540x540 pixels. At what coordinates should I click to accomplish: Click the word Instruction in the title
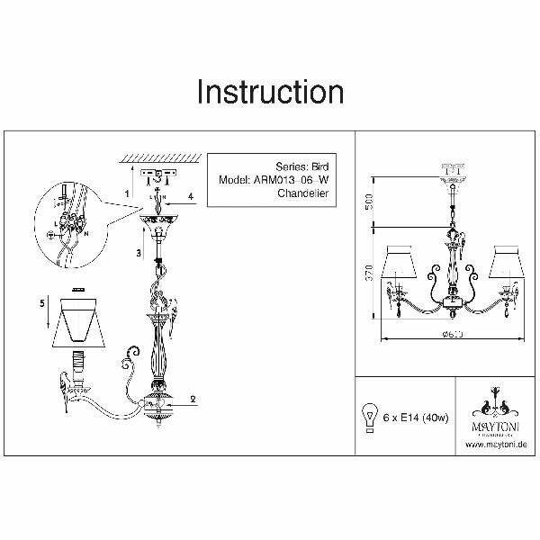[x=269, y=91]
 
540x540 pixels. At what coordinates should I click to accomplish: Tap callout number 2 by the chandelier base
[x=192, y=397]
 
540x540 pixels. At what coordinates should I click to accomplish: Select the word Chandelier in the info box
[x=304, y=193]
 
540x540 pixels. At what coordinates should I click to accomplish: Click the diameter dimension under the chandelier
[x=446, y=335]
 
